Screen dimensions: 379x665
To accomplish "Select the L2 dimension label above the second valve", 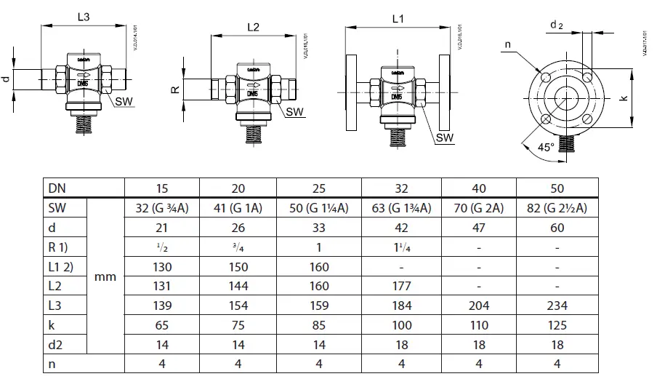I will click(253, 27).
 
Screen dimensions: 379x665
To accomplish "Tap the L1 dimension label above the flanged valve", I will click(398, 20).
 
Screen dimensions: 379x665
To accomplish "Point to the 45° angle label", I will click(545, 146).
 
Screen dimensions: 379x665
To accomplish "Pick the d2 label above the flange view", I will click(556, 25).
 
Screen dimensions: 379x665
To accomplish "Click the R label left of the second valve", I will click(174, 90).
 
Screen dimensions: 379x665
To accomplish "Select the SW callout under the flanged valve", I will click(446, 137).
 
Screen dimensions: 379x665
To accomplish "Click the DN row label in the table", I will click(55, 188).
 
